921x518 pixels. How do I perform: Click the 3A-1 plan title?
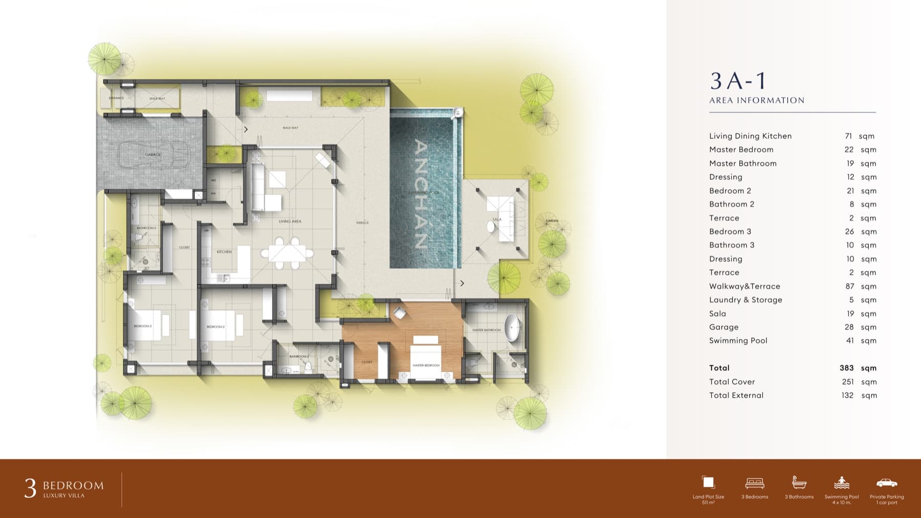(738, 81)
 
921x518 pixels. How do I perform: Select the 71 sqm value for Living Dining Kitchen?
(848, 136)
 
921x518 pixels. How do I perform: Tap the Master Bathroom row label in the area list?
(742, 163)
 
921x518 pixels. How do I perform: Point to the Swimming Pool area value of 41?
(850, 340)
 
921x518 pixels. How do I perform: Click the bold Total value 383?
(846, 368)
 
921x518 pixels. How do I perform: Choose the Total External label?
(736, 395)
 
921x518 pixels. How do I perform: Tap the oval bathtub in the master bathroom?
(512, 328)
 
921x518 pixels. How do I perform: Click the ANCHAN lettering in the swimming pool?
(421, 194)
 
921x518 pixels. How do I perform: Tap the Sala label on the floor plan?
(496, 219)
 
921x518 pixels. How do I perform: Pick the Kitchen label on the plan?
(224, 252)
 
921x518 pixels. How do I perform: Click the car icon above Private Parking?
(886, 483)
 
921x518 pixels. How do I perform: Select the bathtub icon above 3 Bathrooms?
(799, 483)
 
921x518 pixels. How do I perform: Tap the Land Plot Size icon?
(708, 482)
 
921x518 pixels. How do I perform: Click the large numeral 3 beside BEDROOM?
(30, 489)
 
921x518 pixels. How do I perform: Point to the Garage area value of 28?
(849, 327)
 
